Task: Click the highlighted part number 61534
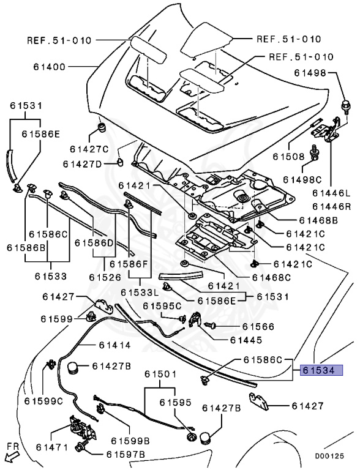321,370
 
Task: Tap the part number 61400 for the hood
49,67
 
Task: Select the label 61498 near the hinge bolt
310,73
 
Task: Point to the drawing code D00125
329,456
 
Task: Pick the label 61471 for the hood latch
52,447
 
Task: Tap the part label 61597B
126,455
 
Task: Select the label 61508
288,157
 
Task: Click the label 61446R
331,206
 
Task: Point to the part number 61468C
271,278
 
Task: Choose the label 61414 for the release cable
115,345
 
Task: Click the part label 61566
258,326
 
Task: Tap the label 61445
246,340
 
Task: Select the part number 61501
160,374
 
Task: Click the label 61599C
43,401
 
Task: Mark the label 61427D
82,164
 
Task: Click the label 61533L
140,292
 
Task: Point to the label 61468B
318,220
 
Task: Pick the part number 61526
105,278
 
